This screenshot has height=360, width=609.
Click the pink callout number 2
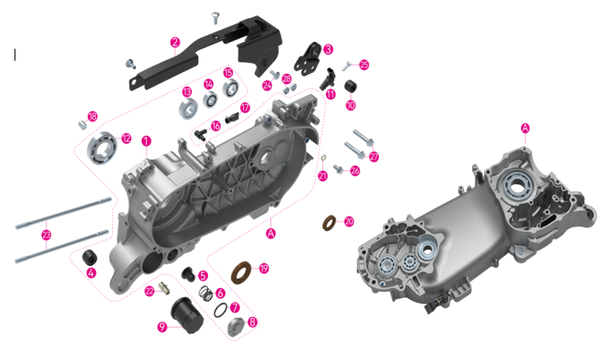click(x=174, y=43)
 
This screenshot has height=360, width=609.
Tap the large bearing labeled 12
click(x=102, y=148)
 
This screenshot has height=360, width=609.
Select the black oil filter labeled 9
click(x=187, y=315)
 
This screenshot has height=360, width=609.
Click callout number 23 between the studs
click(x=46, y=234)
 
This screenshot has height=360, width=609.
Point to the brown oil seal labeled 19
click(x=241, y=273)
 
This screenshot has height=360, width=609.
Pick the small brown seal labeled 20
click(x=330, y=223)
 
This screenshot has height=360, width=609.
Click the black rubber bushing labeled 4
click(x=89, y=257)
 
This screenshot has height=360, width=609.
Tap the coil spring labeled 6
click(x=205, y=293)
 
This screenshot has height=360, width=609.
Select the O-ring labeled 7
click(x=221, y=310)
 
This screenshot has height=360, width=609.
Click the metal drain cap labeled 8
click(x=236, y=327)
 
